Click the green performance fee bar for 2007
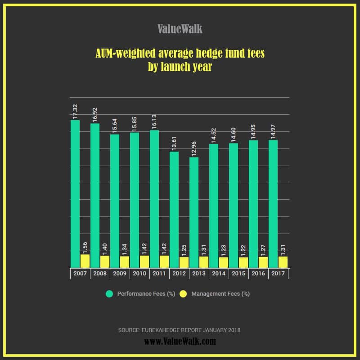pyautogui.click(x=75, y=193)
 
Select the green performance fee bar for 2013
pyautogui.click(x=194, y=212)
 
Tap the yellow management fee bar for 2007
pyautogui.click(x=85, y=261)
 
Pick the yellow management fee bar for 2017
pyautogui.click(x=283, y=262)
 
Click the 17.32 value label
pyautogui.click(x=75, y=110)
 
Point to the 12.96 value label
pyautogui.click(x=194, y=148)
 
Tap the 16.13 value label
pyautogui.click(x=154, y=120)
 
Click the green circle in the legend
pyautogui.click(x=109, y=294)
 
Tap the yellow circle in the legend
pyautogui.click(x=183, y=294)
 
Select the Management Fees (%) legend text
pyautogui.click(x=220, y=294)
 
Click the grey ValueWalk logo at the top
pyautogui.click(x=180, y=29)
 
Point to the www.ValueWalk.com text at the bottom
pyautogui.click(x=180, y=342)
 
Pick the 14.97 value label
pyautogui.click(x=273, y=130)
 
